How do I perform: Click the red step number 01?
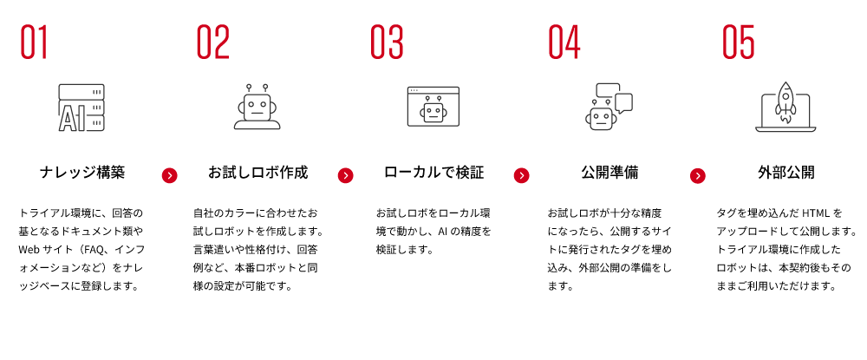click(35, 42)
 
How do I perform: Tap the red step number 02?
click(213, 42)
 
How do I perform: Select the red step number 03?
click(387, 42)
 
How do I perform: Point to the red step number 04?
click(564, 42)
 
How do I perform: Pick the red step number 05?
click(739, 42)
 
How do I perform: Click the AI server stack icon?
click(81, 108)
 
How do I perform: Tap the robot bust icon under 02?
click(257, 107)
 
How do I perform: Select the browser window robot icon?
click(433, 106)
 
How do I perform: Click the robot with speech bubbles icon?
click(609, 107)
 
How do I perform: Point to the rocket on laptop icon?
click(786, 108)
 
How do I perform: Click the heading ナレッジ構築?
click(82, 173)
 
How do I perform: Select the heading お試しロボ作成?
click(257, 173)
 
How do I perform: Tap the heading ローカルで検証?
click(433, 173)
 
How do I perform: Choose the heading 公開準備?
click(610, 173)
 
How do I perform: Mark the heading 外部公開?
click(786, 173)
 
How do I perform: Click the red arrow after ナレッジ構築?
click(170, 176)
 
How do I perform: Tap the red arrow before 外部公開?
click(698, 176)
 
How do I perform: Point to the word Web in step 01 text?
click(29, 250)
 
